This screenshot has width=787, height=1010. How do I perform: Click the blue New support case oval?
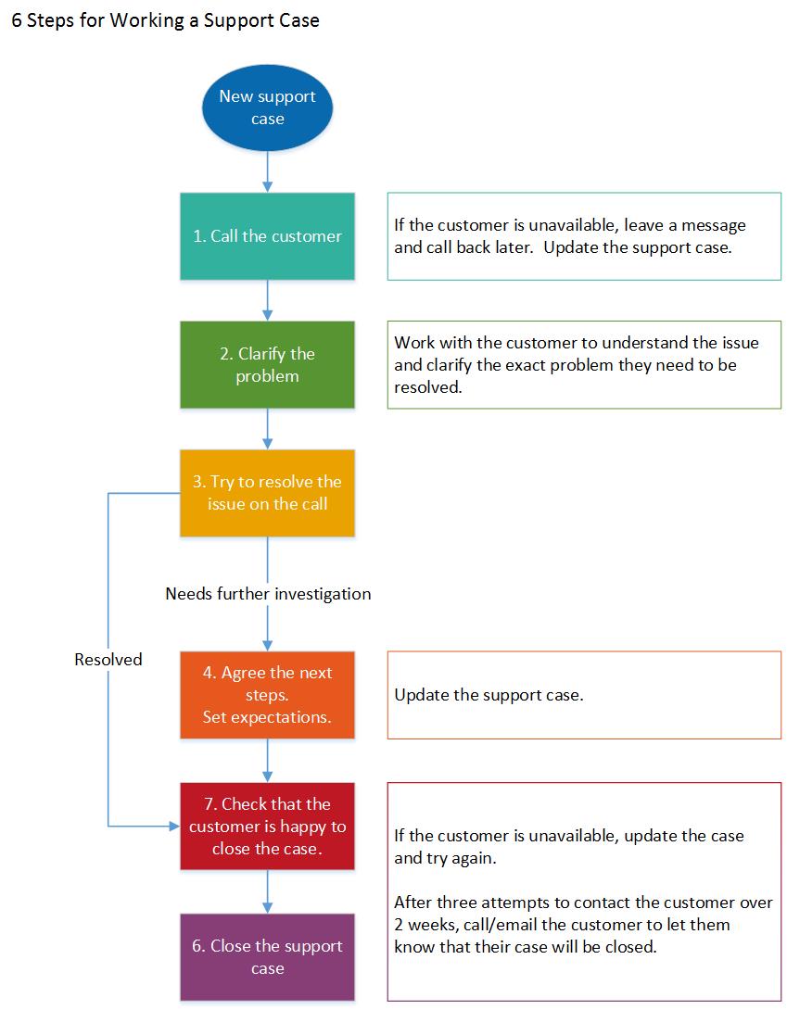267,107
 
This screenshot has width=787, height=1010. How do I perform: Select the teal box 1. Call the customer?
267,236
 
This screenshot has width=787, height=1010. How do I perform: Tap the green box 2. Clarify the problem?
267,365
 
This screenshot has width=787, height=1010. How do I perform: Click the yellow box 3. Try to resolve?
267,493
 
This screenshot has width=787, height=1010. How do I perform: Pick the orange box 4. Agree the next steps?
267,695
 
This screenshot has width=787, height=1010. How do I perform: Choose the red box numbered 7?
267,826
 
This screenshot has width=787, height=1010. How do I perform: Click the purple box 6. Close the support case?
267,957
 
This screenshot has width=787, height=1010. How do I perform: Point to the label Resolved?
108,660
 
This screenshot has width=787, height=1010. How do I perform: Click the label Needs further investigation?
268,594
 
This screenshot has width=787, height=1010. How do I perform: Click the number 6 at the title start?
16,20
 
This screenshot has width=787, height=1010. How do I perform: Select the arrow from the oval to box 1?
267,172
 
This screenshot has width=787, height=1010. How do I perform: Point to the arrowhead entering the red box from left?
173,825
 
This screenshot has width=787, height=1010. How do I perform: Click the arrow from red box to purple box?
267,891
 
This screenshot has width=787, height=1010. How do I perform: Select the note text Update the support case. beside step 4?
489,695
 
